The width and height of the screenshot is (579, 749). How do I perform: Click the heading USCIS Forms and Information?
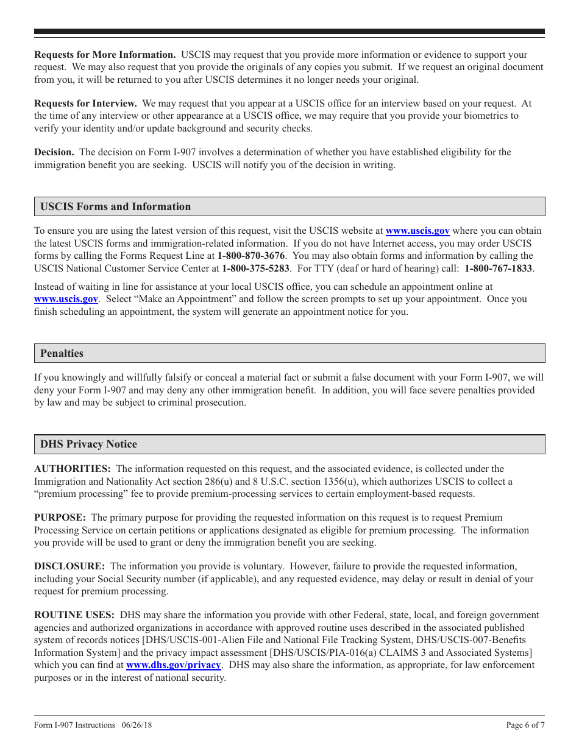click(x=115, y=207)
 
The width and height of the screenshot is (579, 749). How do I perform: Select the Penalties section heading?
click(x=62, y=354)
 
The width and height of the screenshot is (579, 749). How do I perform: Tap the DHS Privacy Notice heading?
click(x=88, y=445)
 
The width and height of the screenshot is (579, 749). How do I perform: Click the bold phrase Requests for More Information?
click(x=105, y=55)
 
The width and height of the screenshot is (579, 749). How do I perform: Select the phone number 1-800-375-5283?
click(x=256, y=268)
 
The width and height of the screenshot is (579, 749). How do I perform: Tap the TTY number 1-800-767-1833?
click(x=499, y=268)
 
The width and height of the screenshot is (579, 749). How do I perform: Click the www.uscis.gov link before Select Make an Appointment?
click(x=66, y=299)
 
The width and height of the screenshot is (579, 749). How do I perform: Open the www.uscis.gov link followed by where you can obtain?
click(x=417, y=231)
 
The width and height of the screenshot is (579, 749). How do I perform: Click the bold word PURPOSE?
click(x=60, y=518)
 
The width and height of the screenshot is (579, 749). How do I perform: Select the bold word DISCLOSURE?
click(x=69, y=566)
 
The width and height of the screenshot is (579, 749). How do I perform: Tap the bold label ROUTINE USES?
click(x=74, y=615)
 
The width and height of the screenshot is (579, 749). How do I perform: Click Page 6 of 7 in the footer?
click(x=525, y=725)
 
